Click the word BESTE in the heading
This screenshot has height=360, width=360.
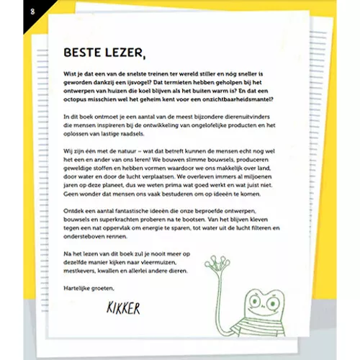tap(84, 53)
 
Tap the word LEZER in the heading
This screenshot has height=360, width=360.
tap(127, 53)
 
